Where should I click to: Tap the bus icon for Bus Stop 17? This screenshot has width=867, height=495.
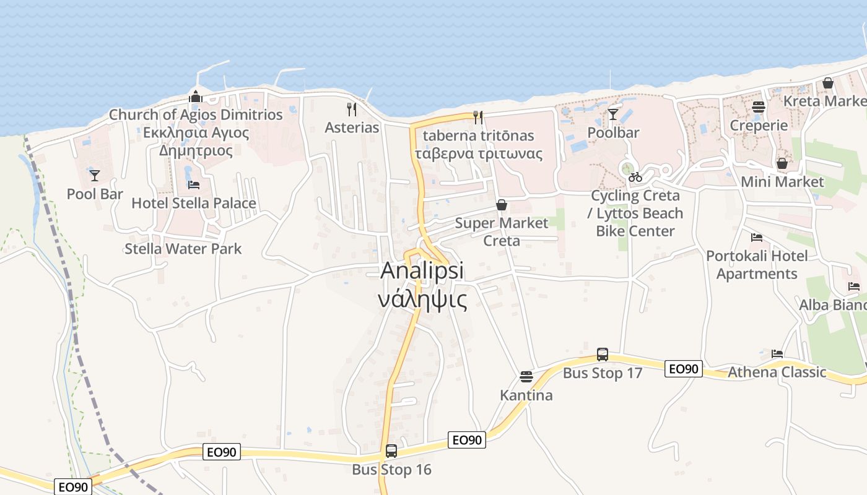[602, 355]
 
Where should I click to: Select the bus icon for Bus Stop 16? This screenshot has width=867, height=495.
[391, 451]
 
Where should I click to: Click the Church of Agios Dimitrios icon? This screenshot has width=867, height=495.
[196, 97]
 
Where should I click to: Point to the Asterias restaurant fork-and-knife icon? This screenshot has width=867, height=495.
[352, 110]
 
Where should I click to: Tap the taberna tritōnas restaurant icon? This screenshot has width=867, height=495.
[477, 117]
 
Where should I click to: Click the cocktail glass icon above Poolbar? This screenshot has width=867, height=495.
[613, 114]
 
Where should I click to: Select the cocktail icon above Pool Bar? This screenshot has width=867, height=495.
[94, 176]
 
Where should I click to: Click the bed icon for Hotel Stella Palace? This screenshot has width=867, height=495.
[194, 185]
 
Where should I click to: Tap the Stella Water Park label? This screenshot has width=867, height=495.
[183, 249]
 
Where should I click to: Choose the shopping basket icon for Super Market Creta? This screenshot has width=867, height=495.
[502, 205]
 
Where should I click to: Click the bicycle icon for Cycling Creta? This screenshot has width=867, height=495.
[635, 178]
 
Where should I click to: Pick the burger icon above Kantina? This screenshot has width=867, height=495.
[526, 377]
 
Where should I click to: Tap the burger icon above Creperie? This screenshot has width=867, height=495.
[758, 107]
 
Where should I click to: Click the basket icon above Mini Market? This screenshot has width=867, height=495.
[782, 163]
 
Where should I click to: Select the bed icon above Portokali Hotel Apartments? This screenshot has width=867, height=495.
[756, 238]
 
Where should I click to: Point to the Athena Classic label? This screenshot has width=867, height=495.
[777, 372]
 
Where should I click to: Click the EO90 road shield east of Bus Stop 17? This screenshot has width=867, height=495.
[684, 369]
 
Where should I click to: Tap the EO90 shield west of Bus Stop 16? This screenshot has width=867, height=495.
[221, 452]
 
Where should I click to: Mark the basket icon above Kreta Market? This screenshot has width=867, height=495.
[828, 83]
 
